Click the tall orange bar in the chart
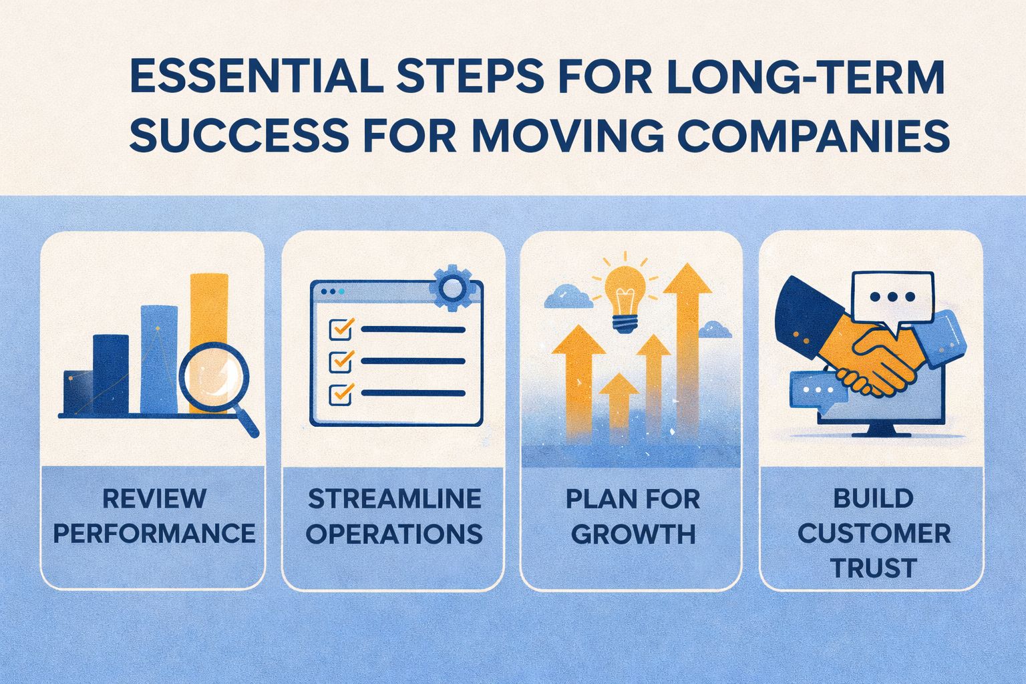point(208,307)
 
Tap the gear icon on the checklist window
point(452,288)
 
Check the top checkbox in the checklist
point(341,329)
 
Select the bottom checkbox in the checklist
point(341,393)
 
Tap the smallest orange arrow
point(619,401)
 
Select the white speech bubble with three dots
point(892,297)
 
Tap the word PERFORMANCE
point(154,534)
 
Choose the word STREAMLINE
point(394,499)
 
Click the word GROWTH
point(633,534)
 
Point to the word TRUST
point(873,568)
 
